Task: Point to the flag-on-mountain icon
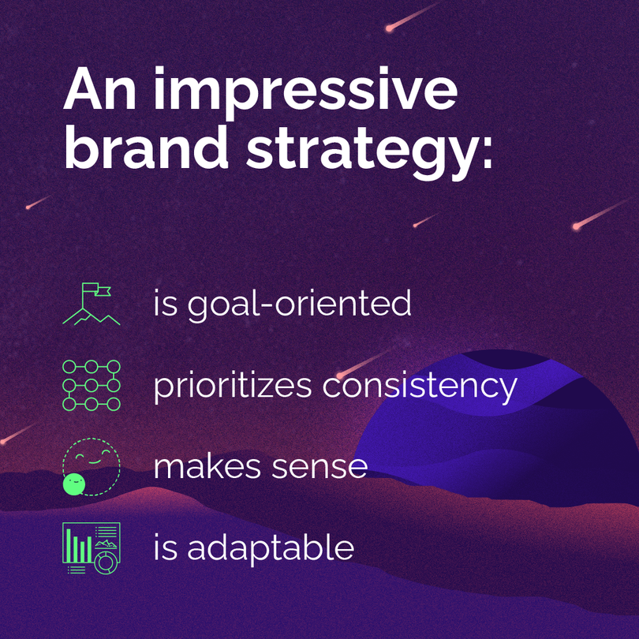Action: click(92, 305)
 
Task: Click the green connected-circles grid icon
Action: click(92, 386)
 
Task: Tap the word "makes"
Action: click(202, 466)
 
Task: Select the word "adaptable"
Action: click(271, 547)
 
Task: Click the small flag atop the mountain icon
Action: click(101, 290)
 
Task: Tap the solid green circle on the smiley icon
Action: click(73, 484)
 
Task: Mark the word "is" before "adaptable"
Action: click(166, 547)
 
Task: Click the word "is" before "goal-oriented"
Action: click(166, 304)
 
